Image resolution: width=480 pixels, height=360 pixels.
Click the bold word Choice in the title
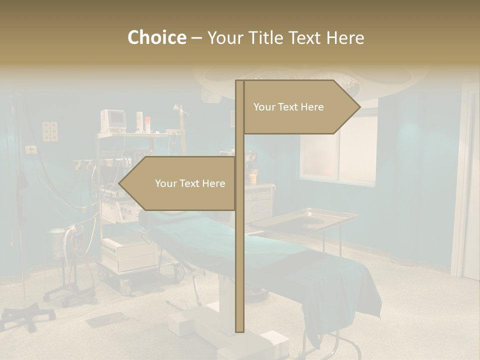click(156, 38)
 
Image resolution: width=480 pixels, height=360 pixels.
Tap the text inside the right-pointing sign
click(288, 107)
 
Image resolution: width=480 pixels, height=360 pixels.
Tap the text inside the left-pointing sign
click(190, 183)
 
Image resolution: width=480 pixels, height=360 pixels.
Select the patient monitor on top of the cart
click(113, 120)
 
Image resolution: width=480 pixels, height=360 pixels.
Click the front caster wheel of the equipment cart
click(125, 287)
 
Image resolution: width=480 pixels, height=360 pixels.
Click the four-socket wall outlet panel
click(50, 131)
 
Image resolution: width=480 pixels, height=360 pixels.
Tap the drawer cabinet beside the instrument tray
click(260, 200)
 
